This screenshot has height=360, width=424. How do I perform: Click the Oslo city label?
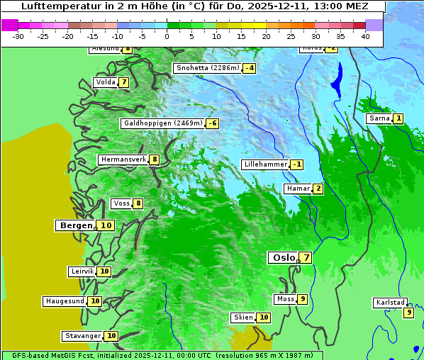pos(284,258)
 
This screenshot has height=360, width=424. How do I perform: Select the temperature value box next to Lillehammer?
pos(297,164)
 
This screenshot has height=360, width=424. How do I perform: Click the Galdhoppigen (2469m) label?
pos(163,123)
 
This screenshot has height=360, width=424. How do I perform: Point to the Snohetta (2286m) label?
pos(208,68)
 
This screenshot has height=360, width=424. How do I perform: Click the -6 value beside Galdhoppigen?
pos(212,123)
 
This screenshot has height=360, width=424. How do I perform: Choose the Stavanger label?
pos(83,336)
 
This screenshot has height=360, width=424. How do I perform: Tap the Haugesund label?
pos(65,301)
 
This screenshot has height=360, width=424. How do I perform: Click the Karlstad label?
pos(390,303)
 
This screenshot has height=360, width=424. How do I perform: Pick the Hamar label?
pos(297,189)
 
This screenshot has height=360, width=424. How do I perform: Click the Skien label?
pos(243,317)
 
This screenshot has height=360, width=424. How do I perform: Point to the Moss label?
pos(285,299)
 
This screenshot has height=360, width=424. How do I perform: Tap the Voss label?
pos(122,203)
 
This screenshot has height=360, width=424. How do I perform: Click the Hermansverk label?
pos(123,159)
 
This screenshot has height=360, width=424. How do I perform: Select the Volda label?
pos(106,82)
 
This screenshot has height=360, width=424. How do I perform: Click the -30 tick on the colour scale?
pos(18,36)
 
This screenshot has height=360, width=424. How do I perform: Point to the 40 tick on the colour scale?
pos(365,36)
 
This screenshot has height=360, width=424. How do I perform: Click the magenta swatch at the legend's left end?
pos(10,25)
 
